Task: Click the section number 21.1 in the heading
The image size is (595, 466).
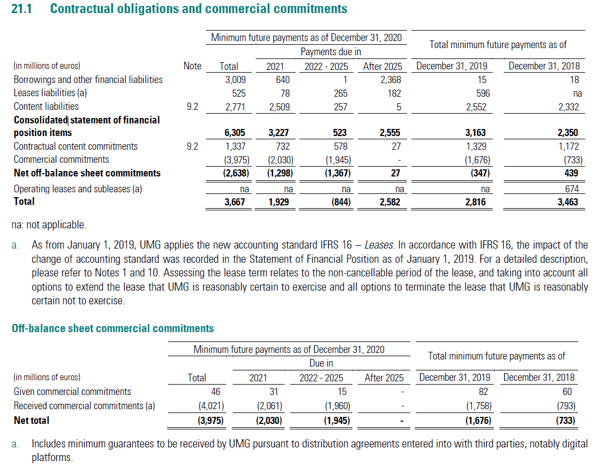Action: coord(22,9)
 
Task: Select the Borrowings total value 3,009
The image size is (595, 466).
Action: coord(235,80)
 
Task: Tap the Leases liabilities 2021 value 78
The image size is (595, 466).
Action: coord(285,93)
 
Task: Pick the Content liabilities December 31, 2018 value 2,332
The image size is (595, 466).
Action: coord(568,107)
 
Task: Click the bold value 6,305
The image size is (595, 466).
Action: coord(234,132)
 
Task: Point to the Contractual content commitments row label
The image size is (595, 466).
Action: coord(75,146)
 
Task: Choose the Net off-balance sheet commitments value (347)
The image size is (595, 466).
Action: coord(480,173)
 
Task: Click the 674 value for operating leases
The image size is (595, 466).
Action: coord(572,188)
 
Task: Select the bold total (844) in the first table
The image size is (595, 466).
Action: coord(341,202)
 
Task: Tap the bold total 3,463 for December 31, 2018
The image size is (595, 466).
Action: coord(568,202)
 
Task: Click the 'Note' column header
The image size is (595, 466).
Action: coord(192,66)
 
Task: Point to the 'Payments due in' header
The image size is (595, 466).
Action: coord(331,51)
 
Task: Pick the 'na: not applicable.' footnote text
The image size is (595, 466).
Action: coord(49,225)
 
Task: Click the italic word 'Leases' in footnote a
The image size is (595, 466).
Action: coord(379,245)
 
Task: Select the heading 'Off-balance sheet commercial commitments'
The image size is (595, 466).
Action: coord(113,328)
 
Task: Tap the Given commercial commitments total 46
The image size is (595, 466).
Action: coord(215,392)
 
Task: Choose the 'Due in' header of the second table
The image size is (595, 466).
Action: coord(321,363)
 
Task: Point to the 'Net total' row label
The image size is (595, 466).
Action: coord(32,421)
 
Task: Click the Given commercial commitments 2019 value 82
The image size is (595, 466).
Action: coord(484,392)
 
